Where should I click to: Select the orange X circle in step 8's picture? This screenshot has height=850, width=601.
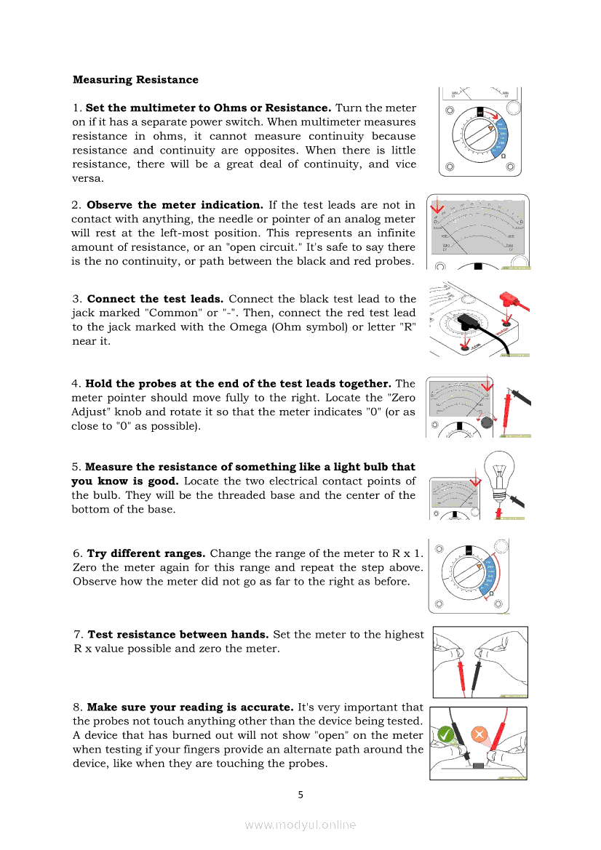pos(479,734)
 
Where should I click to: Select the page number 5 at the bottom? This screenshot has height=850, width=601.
pos(300,794)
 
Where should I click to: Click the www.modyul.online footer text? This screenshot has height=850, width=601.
pos(300,825)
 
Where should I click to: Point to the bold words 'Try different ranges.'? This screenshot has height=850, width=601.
pos(146,553)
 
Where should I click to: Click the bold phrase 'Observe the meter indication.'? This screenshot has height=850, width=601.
pos(175,205)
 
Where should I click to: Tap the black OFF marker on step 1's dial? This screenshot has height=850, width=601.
pos(479,111)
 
